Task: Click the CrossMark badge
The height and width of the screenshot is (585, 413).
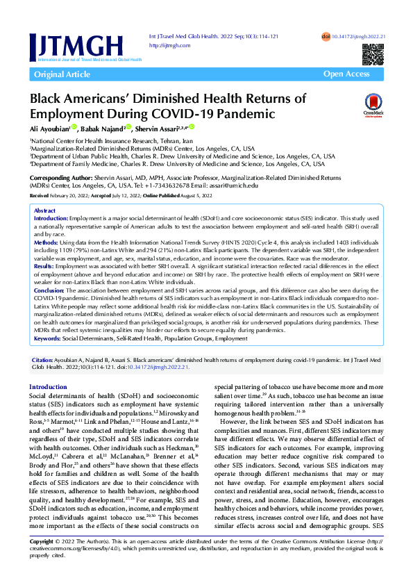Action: coord(373,106)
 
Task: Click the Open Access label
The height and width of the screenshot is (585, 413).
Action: coord(346,74)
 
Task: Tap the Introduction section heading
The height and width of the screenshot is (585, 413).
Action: coord(48,386)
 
